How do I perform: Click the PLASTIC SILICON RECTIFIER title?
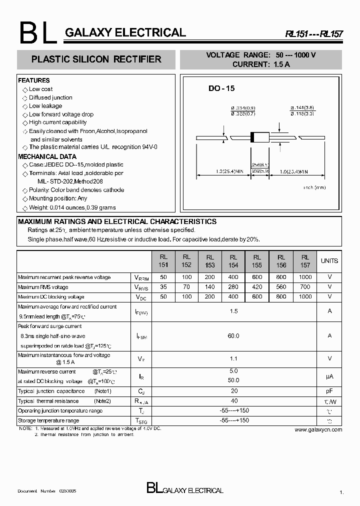coord(96,59)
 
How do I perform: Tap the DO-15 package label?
coord(221,88)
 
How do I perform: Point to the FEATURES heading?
coord(34,80)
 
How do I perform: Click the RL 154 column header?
coord(233,261)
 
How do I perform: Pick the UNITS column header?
coord(329,261)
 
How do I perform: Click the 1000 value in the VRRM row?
coord(305,277)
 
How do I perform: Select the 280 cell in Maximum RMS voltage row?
coord(233,287)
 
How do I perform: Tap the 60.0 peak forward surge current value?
coord(233,336)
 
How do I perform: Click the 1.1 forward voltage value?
coord(233,358)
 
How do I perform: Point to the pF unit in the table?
coord(329,391)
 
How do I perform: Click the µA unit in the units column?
coord(329,376)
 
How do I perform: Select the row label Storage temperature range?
coord(48,421)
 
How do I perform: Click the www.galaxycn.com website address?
coord(318,429)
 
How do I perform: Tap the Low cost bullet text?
coord(40,89)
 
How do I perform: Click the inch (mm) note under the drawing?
coord(314,187)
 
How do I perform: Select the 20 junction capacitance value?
coord(233,391)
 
